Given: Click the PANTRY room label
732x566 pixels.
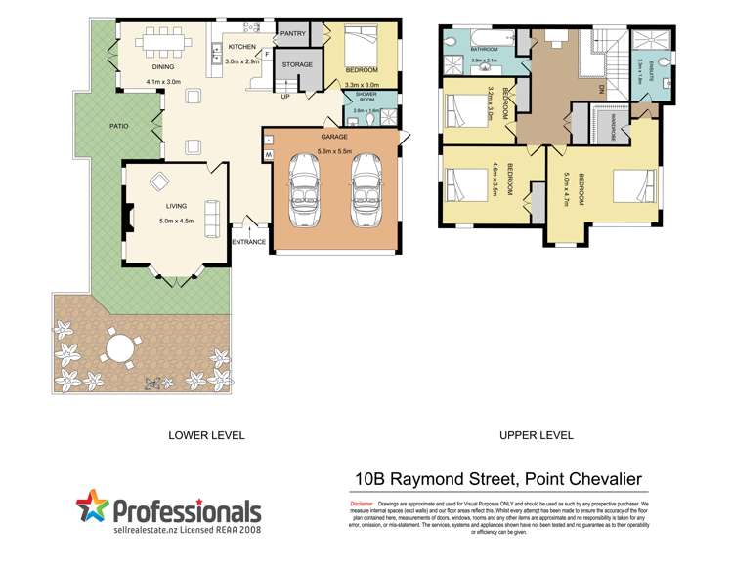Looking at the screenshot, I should [293, 34].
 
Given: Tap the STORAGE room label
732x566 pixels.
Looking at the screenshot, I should [297, 65].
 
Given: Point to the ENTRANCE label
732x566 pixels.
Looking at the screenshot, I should [249, 242].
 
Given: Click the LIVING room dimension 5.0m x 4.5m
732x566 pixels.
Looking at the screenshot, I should [176, 221].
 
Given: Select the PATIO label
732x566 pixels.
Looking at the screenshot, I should [120, 126].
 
